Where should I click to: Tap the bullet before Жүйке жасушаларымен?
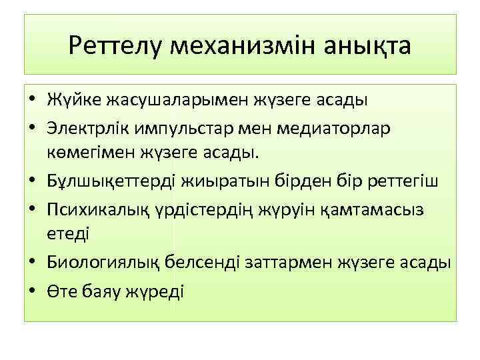32,102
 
